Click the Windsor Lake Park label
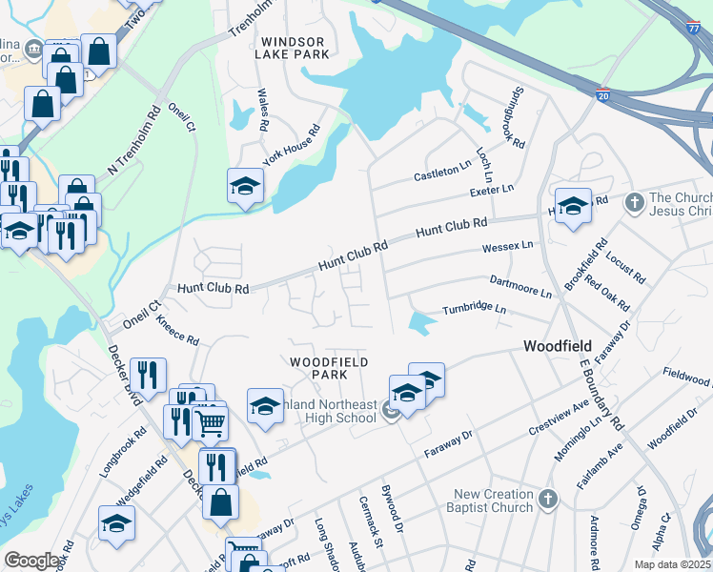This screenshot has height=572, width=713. point(292,48)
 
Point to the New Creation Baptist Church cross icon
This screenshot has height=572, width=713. point(547,499)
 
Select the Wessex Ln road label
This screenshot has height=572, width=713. point(507,246)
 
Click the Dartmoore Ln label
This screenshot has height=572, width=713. point(519,283)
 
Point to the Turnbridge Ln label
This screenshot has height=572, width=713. point(473,311)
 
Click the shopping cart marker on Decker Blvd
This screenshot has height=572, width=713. point(210,420)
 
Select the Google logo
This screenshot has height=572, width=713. point(31,561)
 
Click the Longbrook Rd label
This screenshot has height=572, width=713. point(122,452)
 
